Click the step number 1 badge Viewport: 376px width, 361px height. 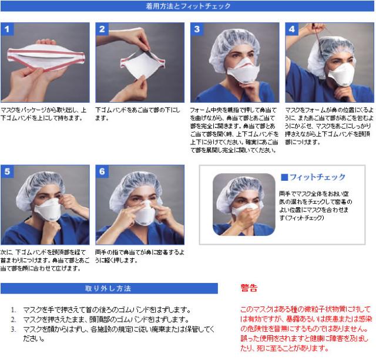(x=8, y=29)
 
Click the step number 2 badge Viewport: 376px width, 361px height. (x=102, y=29)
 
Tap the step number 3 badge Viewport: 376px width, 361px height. (x=197, y=29)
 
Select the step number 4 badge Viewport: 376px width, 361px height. (x=291, y=29)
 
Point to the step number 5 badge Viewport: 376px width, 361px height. (x=8, y=171)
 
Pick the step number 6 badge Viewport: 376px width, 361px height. (x=102, y=171)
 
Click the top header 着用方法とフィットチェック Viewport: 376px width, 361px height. (x=188, y=6)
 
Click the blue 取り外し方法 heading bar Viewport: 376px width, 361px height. (x=109, y=288)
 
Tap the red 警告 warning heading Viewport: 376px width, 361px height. (x=249, y=288)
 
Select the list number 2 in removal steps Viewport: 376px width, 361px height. (x=14, y=320)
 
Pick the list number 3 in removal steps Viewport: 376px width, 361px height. (x=14, y=329)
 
